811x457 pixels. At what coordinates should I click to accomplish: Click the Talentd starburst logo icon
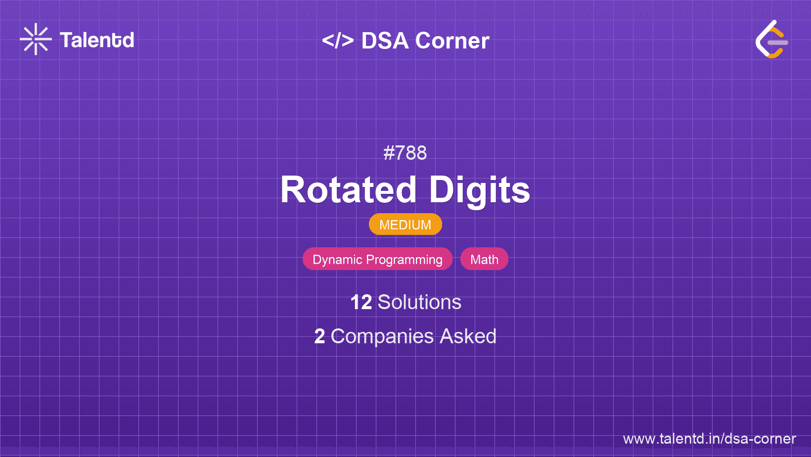coord(36,39)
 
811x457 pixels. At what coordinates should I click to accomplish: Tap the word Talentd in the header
coord(97,40)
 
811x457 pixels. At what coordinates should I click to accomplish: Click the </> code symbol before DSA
coord(338,41)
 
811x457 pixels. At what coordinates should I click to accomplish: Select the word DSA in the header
coord(385,41)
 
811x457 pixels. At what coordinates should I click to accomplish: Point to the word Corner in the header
coord(452,41)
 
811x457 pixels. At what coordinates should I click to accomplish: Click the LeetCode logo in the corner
coord(772,39)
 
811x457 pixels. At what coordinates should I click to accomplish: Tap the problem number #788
coord(405,153)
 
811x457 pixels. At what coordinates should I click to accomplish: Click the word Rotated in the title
coord(348,190)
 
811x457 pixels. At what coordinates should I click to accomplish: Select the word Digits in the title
coord(480,191)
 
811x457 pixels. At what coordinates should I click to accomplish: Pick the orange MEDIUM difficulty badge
coord(405,225)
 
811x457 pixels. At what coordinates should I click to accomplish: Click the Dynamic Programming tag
coord(377,259)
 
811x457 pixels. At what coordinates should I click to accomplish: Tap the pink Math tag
coord(484,259)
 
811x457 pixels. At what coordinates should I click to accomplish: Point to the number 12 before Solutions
coord(361,302)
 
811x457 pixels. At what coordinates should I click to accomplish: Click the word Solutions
coord(419,302)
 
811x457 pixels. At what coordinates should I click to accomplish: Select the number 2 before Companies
coord(319,336)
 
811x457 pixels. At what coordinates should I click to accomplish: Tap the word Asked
coord(468,336)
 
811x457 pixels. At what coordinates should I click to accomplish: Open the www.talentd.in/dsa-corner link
coord(709,439)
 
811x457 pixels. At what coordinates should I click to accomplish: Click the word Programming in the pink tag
coord(404,260)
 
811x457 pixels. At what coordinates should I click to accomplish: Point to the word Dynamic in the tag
coord(337,260)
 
